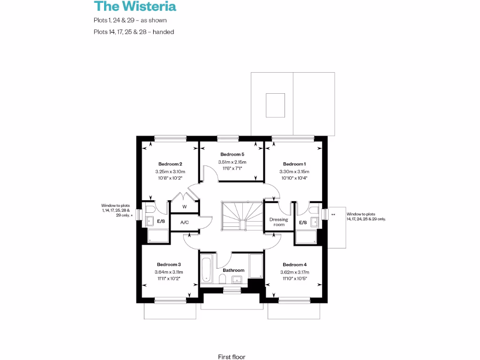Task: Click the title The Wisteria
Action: tap(135, 7)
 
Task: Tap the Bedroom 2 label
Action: tap(170, 164)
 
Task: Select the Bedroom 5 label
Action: tap(232, 154)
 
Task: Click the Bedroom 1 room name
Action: tap(294, 164)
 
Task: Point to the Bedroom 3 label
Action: tap(169, 264)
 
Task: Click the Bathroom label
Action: tap(233, 270)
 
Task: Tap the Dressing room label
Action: tap(278, 222)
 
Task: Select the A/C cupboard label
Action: tap(184, 222)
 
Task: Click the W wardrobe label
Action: tap(184, 207)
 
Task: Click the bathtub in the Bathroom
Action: tap(207, 270)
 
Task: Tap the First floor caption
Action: tap(232, 357)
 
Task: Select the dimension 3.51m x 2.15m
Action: tap(232, 162)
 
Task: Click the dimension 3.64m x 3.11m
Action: tap(169, 272)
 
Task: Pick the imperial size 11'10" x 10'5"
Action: tap(294, 278)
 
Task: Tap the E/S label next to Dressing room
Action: tap(303, 222)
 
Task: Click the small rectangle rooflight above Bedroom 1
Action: tap(276, 105)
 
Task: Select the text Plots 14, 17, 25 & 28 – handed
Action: tap(134, 32)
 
